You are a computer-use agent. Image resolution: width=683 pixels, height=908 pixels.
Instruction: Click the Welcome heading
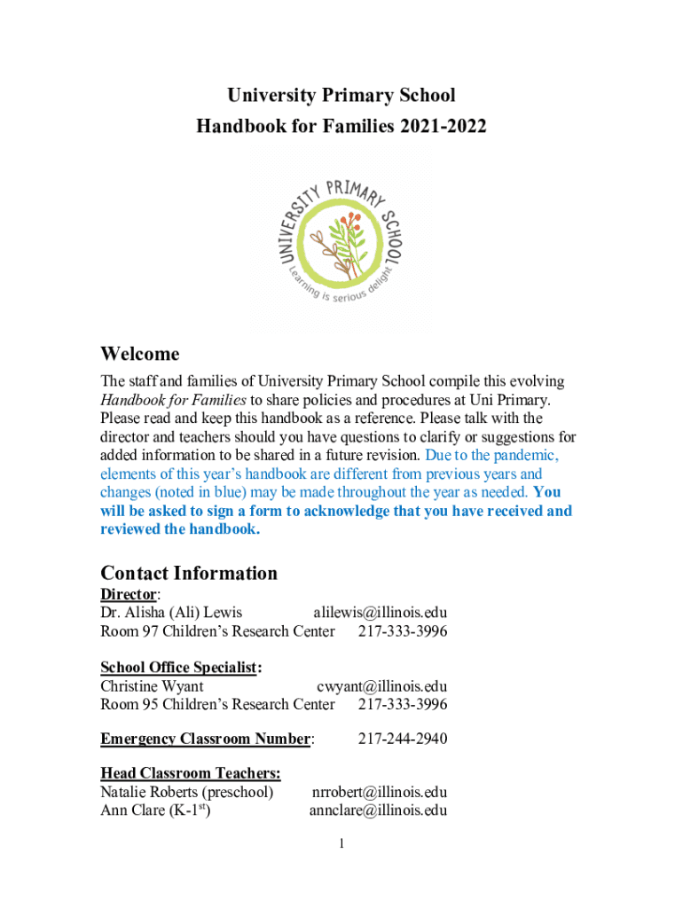coord(140,355)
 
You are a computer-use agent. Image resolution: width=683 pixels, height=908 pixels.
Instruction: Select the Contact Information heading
coord(189,573)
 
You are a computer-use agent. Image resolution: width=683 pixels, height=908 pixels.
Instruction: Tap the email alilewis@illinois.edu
coord(380,613)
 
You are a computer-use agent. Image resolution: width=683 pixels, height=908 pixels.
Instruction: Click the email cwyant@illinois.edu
coord(381,686)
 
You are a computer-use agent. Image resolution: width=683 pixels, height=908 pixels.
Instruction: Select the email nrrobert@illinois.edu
coord(379,792)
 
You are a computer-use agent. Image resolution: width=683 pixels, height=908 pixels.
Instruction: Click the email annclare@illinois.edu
coord(378,810)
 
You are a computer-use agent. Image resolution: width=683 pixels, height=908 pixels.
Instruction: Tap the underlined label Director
coord(128,594)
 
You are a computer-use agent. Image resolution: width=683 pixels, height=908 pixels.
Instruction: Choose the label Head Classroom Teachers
coord(191,773)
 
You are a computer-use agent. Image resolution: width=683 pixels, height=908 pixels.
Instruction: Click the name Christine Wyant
coord(152,686)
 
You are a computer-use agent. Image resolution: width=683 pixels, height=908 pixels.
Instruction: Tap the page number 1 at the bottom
coord(341,843)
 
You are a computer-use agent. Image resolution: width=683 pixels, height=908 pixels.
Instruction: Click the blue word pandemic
coord(524,455)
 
